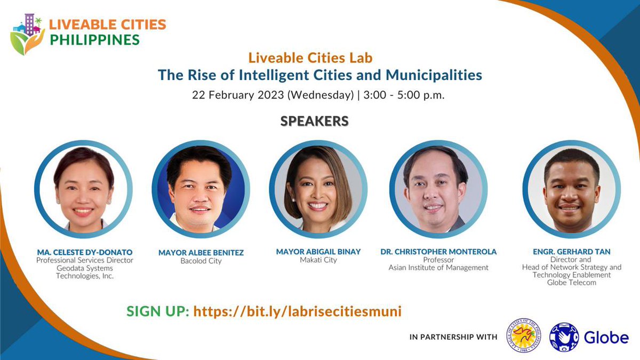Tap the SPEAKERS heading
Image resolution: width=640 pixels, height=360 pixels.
coord(314,121)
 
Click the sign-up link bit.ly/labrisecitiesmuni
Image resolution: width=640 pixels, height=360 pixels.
coord(297,311)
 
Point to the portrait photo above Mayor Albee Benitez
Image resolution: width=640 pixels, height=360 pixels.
coord(201,189)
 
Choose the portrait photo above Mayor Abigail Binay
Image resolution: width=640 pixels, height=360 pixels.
coord(318,189)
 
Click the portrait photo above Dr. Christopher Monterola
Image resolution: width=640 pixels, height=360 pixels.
coord(438,189)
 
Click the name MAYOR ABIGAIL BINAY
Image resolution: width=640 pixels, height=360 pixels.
coord(318,251)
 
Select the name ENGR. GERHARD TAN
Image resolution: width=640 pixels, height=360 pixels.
coord(571,251)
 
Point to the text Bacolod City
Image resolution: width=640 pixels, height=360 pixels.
coord(201,261)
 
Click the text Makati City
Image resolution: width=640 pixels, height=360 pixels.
coord(318,260)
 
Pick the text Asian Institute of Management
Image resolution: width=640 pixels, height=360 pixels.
coord(438,268)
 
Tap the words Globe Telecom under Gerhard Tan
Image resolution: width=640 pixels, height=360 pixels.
coord(572,283)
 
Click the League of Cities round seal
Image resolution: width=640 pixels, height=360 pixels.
coord(523,335)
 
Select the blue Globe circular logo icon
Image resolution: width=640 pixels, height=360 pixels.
coord(564,337)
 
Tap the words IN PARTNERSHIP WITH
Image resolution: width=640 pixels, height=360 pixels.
coord(453,337)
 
